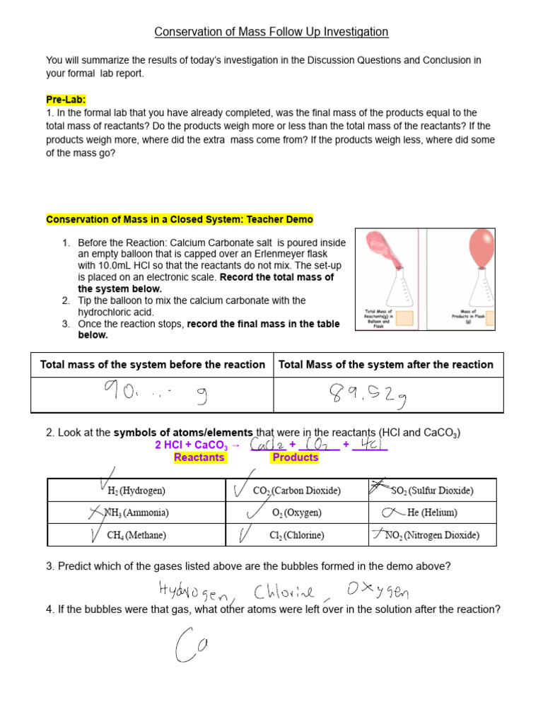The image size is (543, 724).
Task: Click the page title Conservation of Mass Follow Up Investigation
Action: click(x=271, y=32)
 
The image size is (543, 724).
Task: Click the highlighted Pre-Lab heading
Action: click(x=65, y=100)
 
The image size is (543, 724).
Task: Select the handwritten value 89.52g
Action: click(x=367, y=395)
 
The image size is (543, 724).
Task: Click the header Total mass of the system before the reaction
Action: click(x=152, y=365)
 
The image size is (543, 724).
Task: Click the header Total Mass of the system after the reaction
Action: click(x=386, y=365)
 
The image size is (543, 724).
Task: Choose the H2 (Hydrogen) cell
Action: click(x=136, y=490)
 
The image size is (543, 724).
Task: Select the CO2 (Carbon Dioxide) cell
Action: click(x=296, y=490)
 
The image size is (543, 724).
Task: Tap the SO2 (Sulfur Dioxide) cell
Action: click(x=431, y=490)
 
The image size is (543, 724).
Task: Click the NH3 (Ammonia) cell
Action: click(x=136, y=513)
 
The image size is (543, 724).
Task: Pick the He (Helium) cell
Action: click(x=431, y=513)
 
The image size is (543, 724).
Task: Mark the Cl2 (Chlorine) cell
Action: click(x=296, y=535)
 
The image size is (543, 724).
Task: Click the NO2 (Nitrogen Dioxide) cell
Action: click(x=431, y=535)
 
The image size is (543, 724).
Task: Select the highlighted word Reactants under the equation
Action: click(x=199, y=457)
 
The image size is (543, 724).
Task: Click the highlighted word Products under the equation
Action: click(x=295, y=457)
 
